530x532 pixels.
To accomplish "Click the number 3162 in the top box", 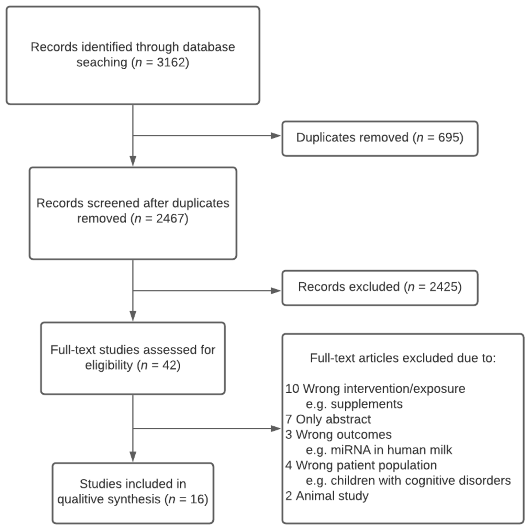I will [x=171, y=63].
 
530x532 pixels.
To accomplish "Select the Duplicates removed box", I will [x=379, y=138].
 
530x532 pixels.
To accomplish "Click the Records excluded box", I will [x=379, y=288].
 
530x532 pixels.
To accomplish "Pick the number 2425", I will [x=443, y=287].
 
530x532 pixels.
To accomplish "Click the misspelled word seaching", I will [x=102, y=63].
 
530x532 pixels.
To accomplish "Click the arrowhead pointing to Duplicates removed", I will [x=276, y=136].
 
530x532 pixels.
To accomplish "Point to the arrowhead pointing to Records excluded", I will [x=276, y=291].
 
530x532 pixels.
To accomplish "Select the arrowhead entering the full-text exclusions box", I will [x=276, y=428].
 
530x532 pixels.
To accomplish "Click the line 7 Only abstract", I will [x=328, y=419].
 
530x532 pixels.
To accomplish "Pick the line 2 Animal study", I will [x=327, y=496].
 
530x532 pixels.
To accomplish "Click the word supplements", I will [x=366, y=404].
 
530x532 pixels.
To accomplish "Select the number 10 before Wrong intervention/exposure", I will [x=292, y=389].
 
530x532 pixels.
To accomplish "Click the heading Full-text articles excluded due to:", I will [x=403, y=358].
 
